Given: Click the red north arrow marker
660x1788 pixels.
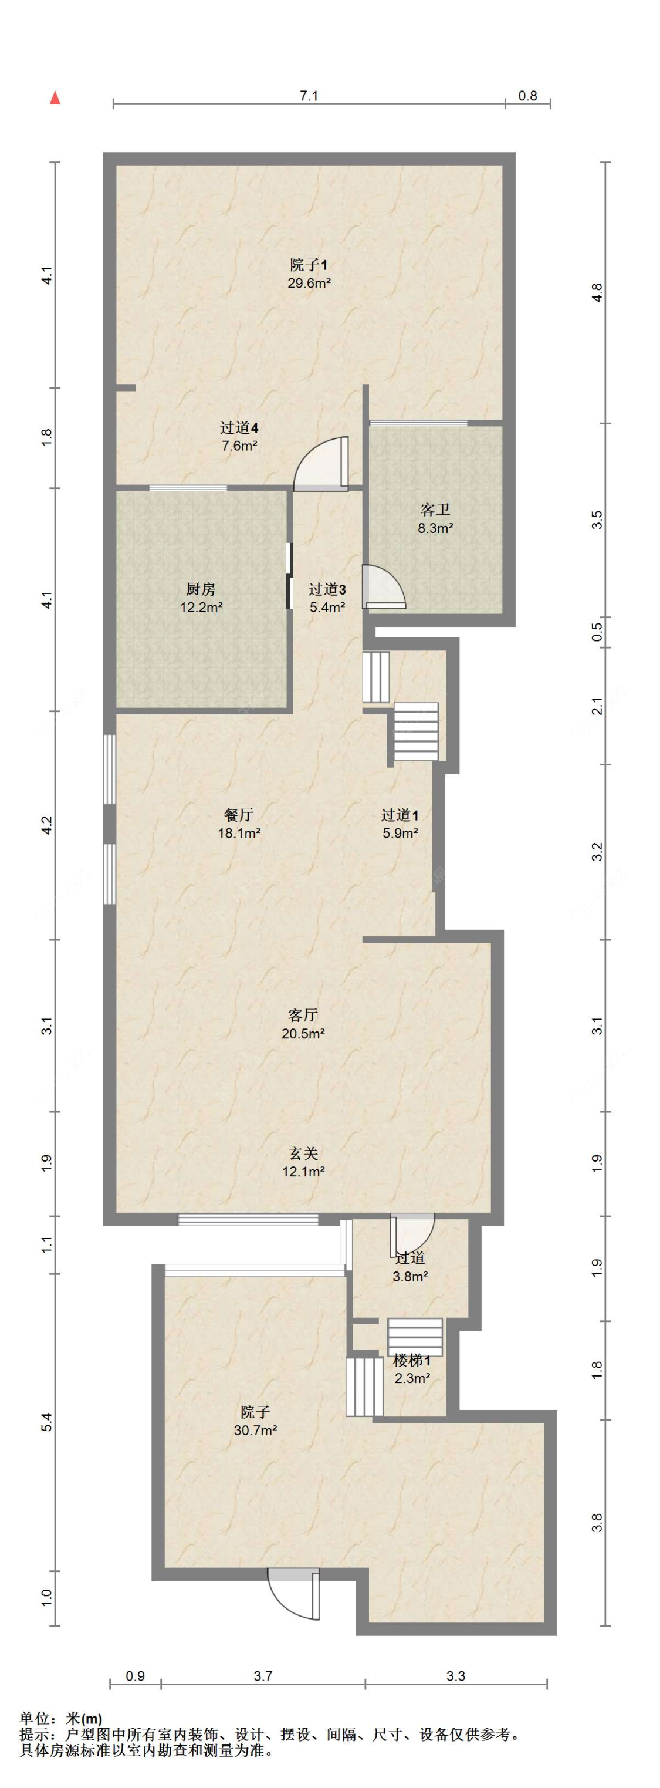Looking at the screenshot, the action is pyautogui.click(x=55, y=98).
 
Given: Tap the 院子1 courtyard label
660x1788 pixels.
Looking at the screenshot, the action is pyautogui.click(x=308, y=265).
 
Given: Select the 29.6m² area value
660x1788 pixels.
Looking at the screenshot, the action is pyautogui.click(x=308, y=283).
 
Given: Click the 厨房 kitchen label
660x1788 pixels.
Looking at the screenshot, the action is pyautogui.click(x=201, y=589).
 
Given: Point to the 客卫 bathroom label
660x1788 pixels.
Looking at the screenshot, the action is pyautogui.click(x=435, y=510).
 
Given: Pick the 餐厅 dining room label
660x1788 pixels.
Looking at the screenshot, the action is pyautogui.click(x=239, y=815).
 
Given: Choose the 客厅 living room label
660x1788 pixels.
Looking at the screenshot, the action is pyautogui.click(x=303, y=1015).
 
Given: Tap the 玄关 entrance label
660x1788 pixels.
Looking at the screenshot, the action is pyautogui.click(x=303, y=1153).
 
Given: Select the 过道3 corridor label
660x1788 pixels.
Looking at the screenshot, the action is pyautogui.click(x=327, y=589).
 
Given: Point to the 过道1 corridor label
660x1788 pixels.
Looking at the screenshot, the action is pyautogui.click(x=400, y=815).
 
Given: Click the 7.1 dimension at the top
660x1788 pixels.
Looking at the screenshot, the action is pyautogui.click(x=309, y=96).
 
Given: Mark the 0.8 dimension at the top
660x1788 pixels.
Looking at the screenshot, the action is pyautogui.click(x=528, y=96).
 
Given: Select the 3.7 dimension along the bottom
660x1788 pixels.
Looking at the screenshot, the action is pyautogui.click(x=262, y=1675).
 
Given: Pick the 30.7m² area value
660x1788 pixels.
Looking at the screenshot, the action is pyautogui.click(x=255, y=1429).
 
